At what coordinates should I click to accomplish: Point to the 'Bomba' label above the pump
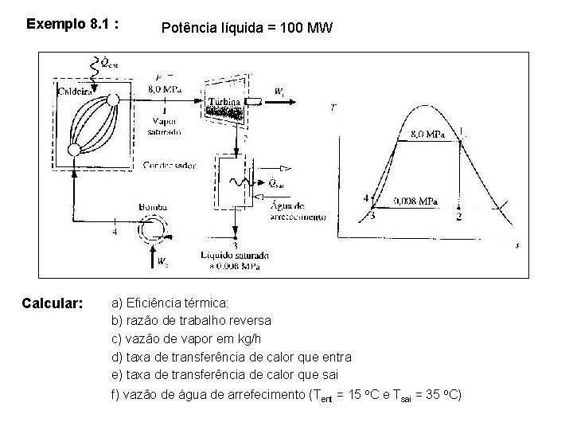pos(154,206)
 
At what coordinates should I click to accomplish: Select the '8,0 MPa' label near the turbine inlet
pos(165,90)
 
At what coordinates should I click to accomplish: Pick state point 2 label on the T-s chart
pos(459,217)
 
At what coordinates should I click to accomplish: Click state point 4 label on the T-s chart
pos(366,197)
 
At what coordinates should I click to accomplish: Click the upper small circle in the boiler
pos(113,99)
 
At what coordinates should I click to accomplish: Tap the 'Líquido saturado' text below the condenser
pos(234,255)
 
